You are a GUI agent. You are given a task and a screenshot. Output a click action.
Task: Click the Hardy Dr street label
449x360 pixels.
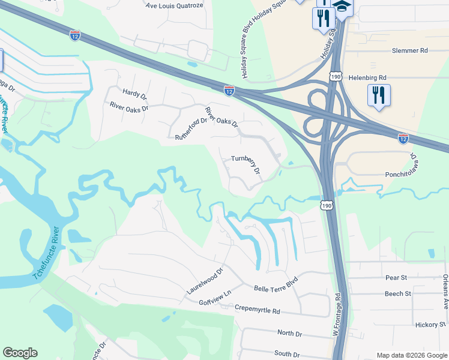134,94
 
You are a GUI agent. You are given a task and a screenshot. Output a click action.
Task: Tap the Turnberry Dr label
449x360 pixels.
246,165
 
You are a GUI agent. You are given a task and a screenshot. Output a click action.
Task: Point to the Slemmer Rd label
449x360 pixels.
409,52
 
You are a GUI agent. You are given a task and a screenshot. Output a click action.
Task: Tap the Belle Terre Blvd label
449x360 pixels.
276,284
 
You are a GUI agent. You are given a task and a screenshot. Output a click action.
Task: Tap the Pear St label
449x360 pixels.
396,278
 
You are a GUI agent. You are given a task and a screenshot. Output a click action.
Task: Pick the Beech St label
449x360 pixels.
398,293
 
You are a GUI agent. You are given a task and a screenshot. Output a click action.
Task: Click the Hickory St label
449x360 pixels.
429,325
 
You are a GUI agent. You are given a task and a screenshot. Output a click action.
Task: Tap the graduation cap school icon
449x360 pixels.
342,7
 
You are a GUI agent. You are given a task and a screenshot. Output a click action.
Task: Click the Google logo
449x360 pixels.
20,353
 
